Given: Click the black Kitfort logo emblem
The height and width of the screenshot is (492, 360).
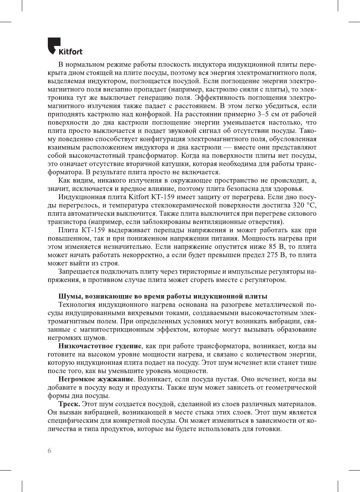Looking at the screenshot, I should [54, 45].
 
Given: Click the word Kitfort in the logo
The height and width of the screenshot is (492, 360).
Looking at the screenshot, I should [70, 52].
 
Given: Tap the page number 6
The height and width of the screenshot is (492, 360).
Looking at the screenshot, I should [49, 451].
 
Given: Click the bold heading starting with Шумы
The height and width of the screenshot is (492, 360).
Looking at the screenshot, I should [163, 296].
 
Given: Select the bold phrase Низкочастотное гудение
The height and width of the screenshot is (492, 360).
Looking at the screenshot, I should [100, 346].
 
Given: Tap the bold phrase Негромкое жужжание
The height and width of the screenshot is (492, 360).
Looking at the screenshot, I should [96, 379].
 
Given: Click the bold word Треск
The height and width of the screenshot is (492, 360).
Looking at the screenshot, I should [69, 404].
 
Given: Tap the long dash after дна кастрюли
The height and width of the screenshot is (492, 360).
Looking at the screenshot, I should [227, 147].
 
